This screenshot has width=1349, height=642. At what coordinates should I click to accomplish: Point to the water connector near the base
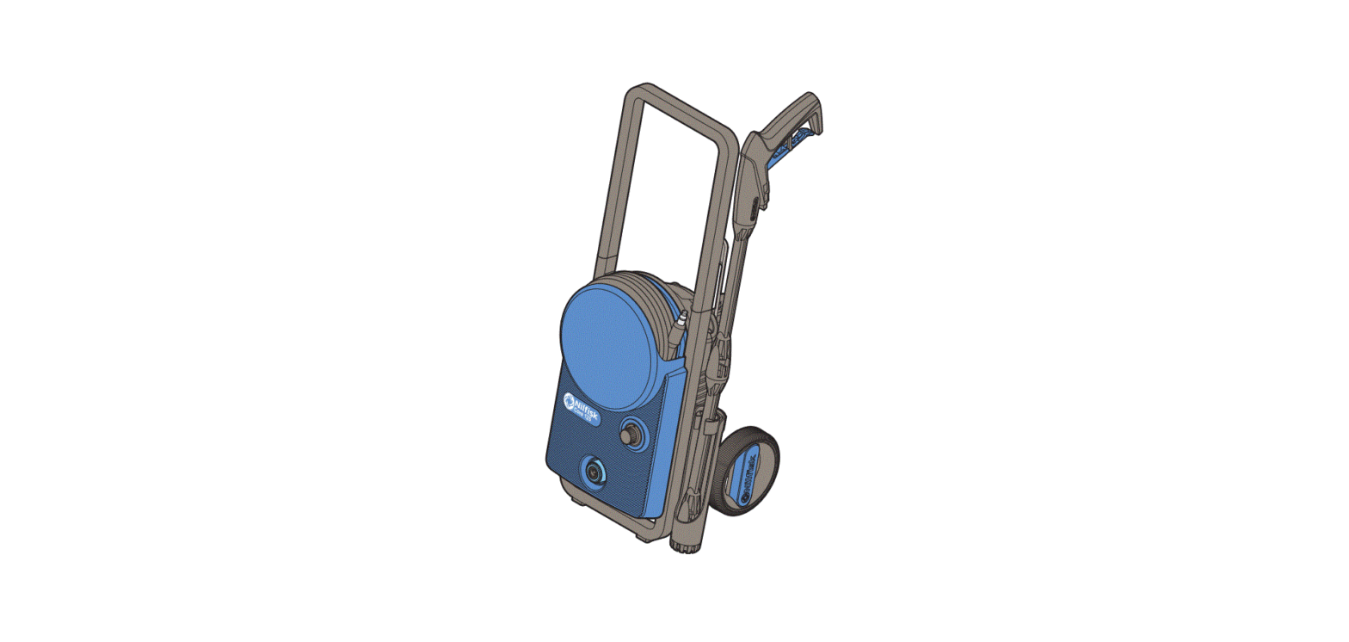click(x=594, y=472)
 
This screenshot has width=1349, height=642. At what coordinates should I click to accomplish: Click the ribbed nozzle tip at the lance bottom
click(x=685, y=543)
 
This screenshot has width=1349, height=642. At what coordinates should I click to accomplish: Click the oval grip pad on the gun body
click(x=755, y=207)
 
